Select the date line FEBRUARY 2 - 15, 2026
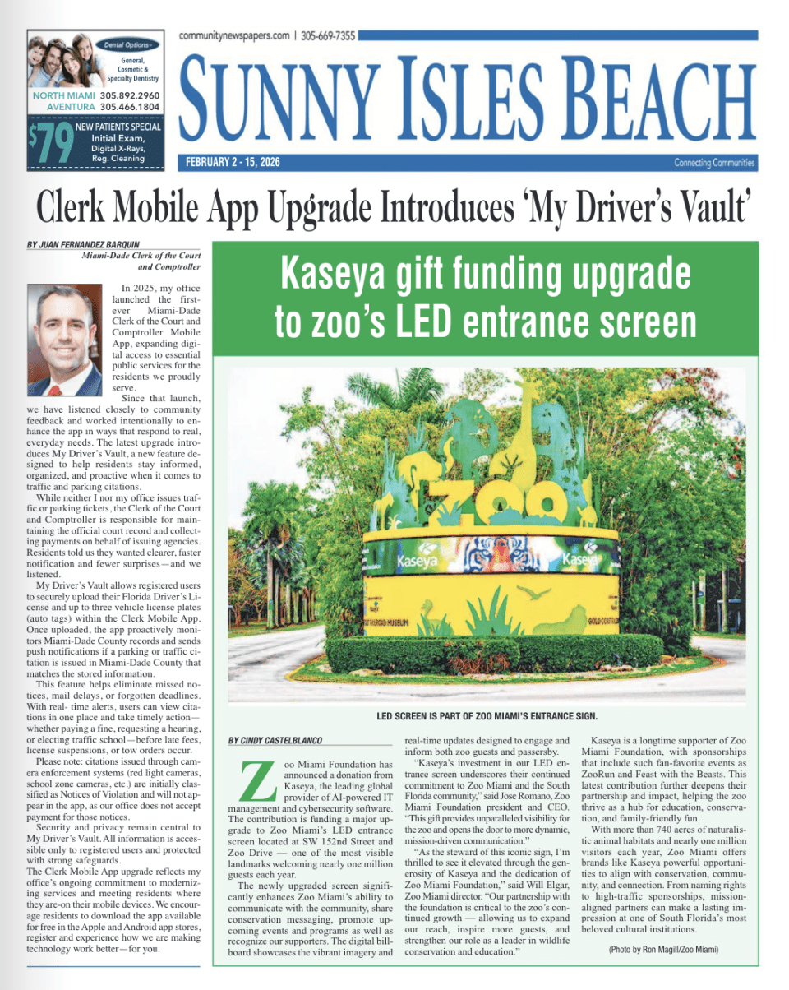pos(233,163)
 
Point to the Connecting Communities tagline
pos(713,163)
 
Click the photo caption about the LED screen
pos(487,715)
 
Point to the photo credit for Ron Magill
pos(664,950)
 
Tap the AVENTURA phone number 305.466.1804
pos(130,107)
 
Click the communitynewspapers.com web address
pos(233,35)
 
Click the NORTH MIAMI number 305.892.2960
pos(130,95)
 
